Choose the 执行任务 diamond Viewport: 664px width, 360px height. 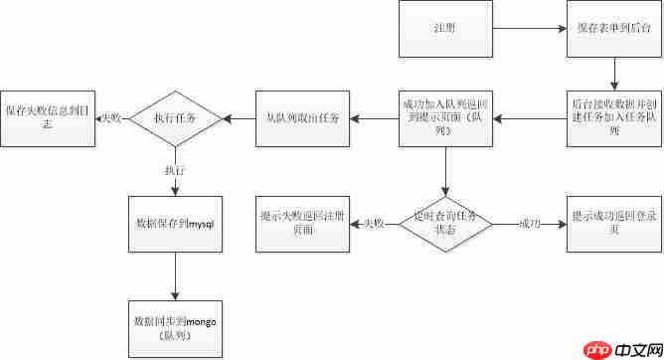point(174,117)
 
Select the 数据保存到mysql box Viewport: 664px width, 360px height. point(174,225)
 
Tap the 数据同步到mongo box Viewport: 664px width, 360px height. point(174,328)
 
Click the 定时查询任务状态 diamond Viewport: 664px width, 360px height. point(444,223)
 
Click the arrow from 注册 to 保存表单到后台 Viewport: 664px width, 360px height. point(529,29)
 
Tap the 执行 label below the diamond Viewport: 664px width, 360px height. point(174,171)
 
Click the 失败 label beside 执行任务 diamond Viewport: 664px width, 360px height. point(110,118)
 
